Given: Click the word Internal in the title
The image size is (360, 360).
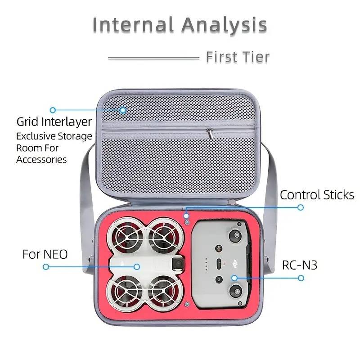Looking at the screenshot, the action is point(133,24).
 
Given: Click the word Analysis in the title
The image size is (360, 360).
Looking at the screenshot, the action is point(225,25).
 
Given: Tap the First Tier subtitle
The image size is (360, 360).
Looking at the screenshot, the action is point(238,57).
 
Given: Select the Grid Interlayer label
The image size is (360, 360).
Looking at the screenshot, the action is point(54,121).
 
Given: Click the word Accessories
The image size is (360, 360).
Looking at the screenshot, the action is point(41,160).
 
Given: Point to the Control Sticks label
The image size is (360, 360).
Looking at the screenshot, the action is point(317,195).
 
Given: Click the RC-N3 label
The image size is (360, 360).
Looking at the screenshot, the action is point(300,265).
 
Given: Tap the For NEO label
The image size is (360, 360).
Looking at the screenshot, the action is point(45,254).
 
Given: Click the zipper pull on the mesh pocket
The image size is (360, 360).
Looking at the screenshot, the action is point(210,133).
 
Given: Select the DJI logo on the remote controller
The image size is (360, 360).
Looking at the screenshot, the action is point(234,264).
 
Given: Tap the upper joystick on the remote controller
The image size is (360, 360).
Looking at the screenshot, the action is point(235,235).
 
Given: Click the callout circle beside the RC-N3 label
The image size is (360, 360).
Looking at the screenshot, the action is point(301,278).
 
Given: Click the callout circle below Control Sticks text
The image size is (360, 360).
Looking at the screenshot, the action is point(301,207).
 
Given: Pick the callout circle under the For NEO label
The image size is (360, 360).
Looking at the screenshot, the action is point(46,267).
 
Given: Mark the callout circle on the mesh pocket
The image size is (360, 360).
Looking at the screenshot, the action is point(123,110).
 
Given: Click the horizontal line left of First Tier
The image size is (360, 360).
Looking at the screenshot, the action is point(153,58).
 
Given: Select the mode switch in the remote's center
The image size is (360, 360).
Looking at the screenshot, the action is point(219,264).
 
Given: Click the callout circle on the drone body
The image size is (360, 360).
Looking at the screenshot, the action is point(137,267).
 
